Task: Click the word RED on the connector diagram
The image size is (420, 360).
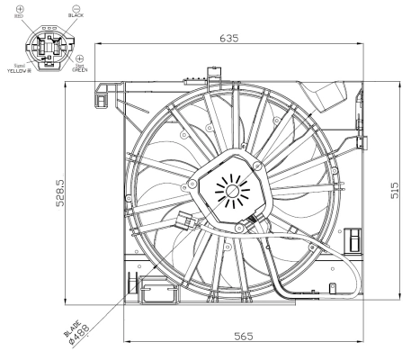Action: (19, 16)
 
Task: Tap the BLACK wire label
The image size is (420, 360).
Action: (76, 15)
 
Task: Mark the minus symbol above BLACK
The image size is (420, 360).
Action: (75, 6)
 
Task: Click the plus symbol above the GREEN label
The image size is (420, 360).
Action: (80, 58)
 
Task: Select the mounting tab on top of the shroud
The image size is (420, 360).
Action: (209, 71)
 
